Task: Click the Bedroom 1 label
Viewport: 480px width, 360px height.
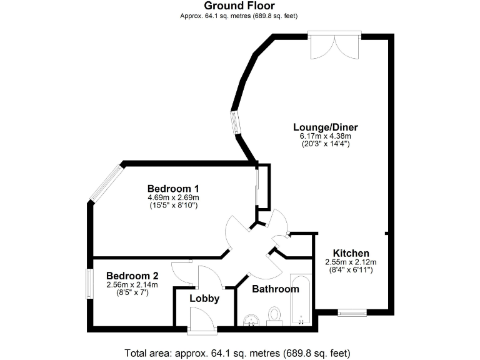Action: click(x=173, y=188)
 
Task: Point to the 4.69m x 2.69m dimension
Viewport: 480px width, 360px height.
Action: click(x=173, y=197)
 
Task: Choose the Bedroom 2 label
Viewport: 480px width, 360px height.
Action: click(x=132, y=276)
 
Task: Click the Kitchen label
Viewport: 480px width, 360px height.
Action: click(x=350, y=253)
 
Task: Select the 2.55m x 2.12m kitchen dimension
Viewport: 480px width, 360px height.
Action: click(x=350, y=262)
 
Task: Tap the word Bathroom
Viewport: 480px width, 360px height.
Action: click(x=275, y=289)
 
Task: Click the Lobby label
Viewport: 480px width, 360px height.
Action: click(x=204, y=299)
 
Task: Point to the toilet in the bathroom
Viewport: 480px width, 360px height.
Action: click(x=274, y=316)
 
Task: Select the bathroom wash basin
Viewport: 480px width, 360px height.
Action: click(x=252, y=320)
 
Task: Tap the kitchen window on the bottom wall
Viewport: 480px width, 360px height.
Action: click(x=352, y=312)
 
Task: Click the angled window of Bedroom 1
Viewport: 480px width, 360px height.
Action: click(x=105, y=183)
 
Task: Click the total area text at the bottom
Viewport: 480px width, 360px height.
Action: click(x=237, y=351)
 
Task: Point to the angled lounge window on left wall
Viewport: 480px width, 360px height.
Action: click(x=234, y=122)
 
